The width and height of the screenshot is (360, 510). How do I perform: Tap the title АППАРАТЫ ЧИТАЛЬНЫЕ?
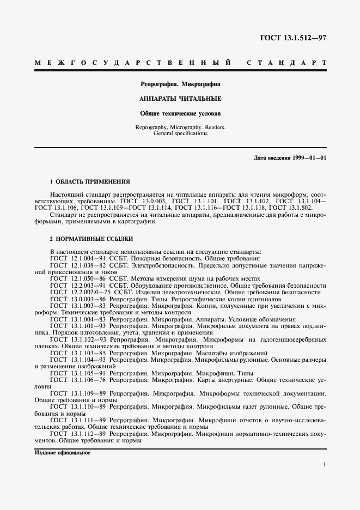(180, 99)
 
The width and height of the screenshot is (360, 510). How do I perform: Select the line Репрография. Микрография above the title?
(180, 84)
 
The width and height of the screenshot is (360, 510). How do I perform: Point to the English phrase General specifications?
(180, 133)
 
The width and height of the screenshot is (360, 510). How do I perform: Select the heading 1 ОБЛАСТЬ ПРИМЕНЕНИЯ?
(90, 181)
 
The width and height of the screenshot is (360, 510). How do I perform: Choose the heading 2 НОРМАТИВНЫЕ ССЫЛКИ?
(91, 239)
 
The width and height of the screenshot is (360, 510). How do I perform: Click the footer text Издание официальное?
(62, 453)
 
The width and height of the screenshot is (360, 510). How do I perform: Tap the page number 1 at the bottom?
(324, 465)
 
